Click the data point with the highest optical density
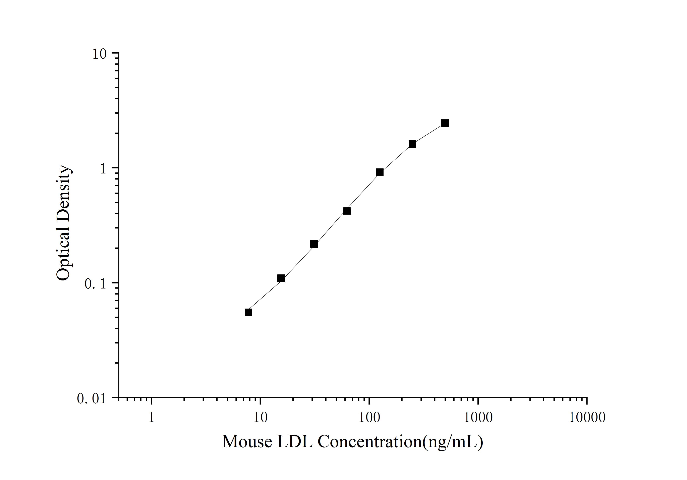[445, 123]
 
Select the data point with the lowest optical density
[248, 312]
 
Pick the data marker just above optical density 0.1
[281, 279]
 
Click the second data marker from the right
[412, 144]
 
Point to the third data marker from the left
[314, 244]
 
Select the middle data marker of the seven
[347, 211]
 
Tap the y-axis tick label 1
[103, 169]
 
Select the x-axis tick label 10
[260, 417]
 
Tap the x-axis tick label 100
[369, 417]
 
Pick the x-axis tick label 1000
[478, 417]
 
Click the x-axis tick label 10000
[587, 417]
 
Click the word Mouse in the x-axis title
[247, 442]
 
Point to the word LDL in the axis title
[295, 442]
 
